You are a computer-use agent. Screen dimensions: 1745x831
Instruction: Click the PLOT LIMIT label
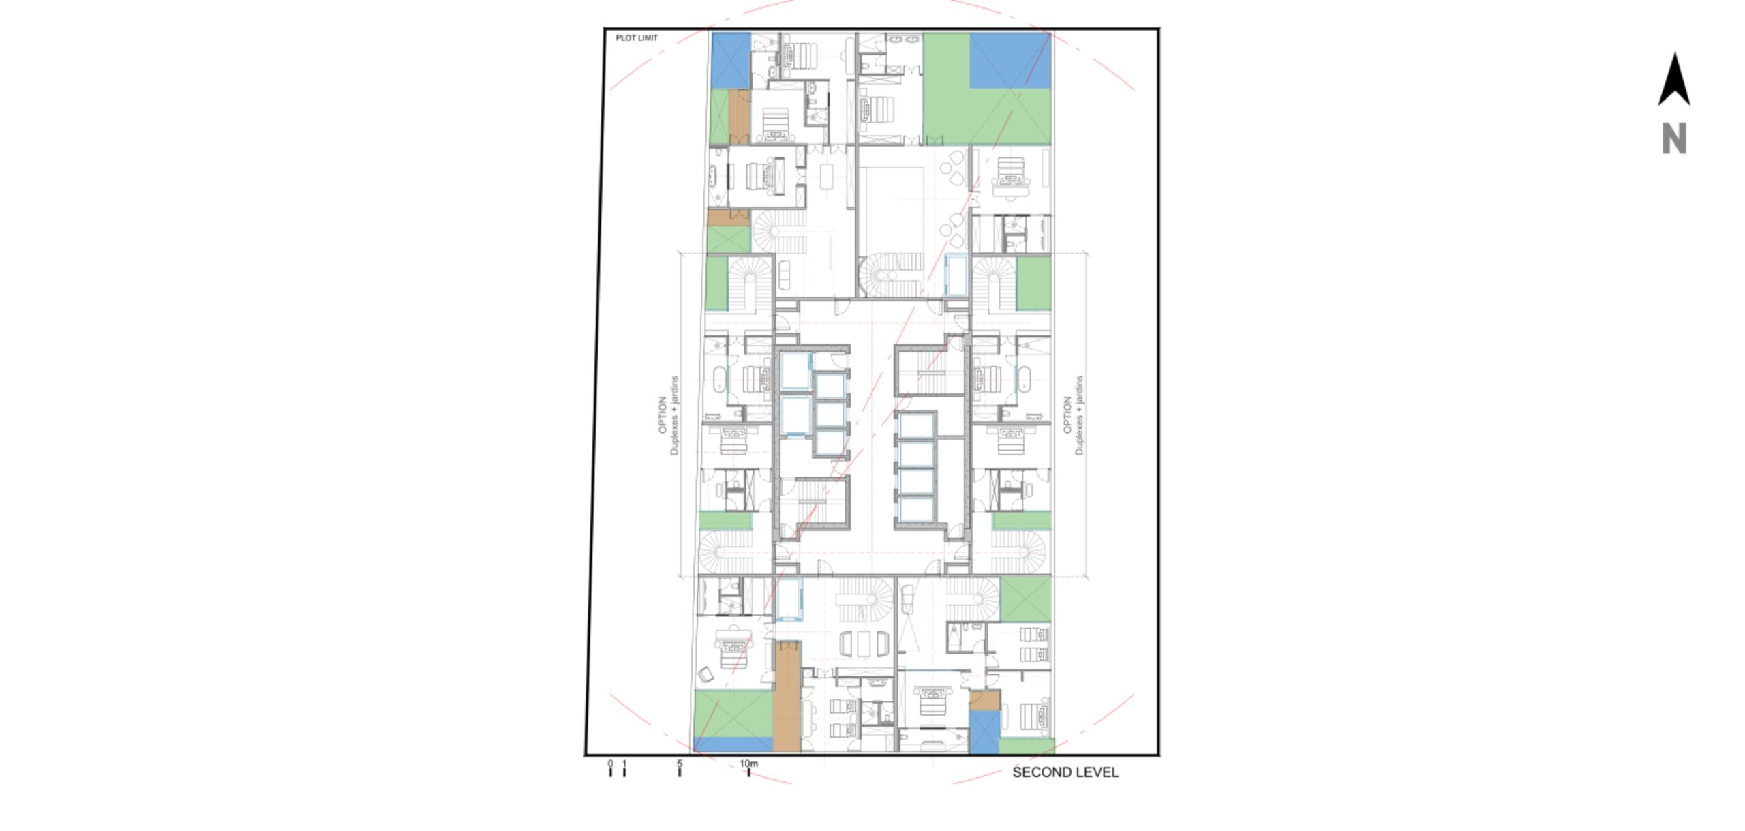(637, 38)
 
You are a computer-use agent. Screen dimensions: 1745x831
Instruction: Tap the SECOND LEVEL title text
(1065, 772)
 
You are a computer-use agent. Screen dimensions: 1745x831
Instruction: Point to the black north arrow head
(1674, 80)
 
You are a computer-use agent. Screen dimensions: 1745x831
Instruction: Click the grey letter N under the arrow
(1674, 139)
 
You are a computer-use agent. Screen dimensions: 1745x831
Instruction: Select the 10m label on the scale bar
(748, 764)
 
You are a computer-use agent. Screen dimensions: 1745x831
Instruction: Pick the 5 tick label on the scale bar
(680, 764)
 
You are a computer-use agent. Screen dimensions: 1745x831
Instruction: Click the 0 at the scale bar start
(610, 764)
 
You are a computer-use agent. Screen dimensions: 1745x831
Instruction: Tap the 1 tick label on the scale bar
(624, 764)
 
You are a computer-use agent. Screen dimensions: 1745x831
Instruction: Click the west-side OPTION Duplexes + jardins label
(668, 415)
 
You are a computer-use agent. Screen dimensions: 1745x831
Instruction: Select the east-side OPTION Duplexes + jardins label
(1073, 415)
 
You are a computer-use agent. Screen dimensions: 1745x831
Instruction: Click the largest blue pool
(1010, 61)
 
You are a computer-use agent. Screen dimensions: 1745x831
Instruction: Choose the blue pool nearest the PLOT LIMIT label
(731, 61)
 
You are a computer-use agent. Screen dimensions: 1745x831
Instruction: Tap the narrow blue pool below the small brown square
(984, 732)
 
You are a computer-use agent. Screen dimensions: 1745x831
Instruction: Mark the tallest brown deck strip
(787, 696)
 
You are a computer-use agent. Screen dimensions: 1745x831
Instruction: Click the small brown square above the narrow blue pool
(984, 701)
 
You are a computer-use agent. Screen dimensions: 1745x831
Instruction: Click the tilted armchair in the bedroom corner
(705, 675)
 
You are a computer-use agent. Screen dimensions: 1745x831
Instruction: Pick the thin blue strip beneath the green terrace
(733, 744)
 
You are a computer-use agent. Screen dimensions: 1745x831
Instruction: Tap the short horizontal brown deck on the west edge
(729, 218)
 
